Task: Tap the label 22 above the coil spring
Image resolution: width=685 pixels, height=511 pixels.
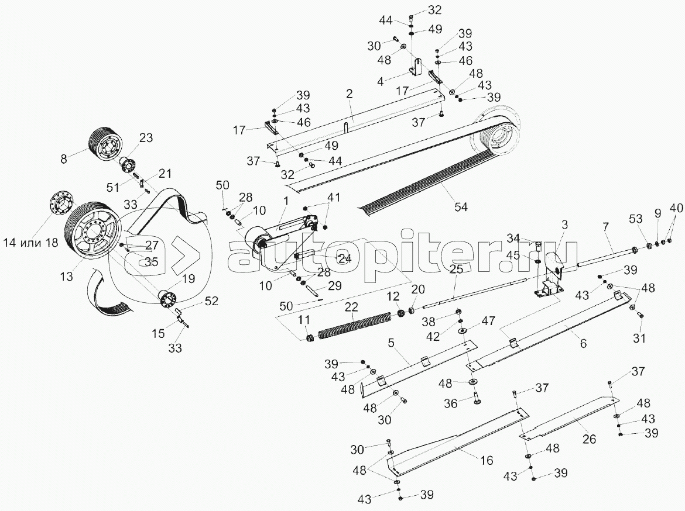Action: tap(352, 307)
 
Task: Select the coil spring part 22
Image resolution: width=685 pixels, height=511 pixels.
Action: tap(354, 327)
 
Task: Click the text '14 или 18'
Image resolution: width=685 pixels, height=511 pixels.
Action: tap(30, 243)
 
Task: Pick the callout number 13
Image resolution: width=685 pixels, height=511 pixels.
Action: tap(66, 276)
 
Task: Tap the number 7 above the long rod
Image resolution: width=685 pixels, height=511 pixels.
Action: tap(605, 227)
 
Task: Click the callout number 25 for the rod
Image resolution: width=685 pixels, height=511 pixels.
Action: tap(456, 270)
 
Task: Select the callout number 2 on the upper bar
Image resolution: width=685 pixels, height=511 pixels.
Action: tap(348, 94)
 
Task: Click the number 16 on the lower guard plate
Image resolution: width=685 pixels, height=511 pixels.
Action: tap(487, 460)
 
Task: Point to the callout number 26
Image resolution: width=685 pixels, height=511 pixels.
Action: tap(590, 439)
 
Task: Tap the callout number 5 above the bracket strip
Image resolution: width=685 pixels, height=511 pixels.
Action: tap(391, 343)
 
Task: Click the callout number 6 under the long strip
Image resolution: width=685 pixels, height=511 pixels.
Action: tap(583, 343)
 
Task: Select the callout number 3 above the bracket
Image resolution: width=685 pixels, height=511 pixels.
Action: tap(564, 225)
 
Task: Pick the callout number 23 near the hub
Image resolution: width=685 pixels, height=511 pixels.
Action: tap(146, 138)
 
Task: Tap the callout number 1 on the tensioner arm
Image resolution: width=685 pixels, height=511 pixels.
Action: tap(286, 201)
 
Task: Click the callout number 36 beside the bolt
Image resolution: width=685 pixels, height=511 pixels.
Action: tap(450, 403)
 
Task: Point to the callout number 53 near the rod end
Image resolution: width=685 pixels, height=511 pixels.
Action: tap(636, 218)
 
